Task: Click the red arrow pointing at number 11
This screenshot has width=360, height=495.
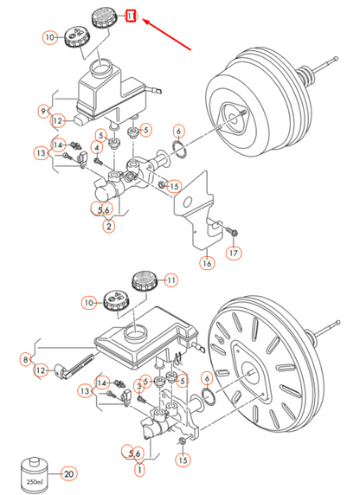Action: tap(167, 35)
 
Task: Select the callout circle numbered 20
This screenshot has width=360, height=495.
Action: tap(68, 473)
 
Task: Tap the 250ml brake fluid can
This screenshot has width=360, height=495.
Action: tap(34, 475)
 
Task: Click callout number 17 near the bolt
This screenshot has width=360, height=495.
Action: tap(234, 253)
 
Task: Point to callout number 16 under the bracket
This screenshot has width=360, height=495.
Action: tap(207, 263)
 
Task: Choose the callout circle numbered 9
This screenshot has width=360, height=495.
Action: tap(43, 111)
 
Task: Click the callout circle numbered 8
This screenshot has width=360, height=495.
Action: tap(26, 360)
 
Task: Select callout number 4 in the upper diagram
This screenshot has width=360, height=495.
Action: tap(97, 147)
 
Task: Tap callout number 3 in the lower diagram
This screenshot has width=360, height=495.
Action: tap(139, 386)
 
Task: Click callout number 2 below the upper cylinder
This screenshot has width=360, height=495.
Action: tap(109, 226)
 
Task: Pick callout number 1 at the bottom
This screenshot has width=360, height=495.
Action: tap(139, 469)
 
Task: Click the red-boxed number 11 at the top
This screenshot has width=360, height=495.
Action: tap(131, 16)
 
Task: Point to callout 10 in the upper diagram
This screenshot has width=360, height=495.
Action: tap(50, 37)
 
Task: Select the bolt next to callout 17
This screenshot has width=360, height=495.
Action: tap(231, 230)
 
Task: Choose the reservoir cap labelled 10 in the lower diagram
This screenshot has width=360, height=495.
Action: tap(115, 300)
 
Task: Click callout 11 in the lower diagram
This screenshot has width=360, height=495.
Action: tap(170, 280)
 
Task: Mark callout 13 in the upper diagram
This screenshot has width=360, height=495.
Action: tap(42, 153)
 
